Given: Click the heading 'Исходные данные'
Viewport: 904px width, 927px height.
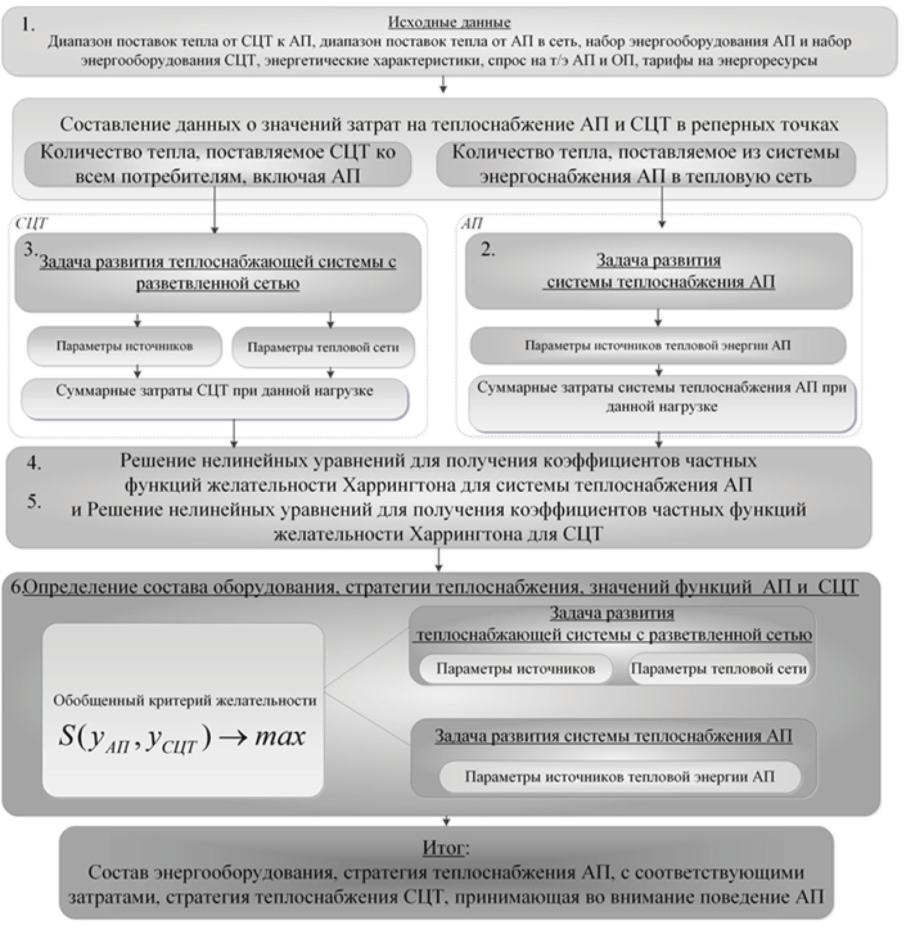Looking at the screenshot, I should click(x=449, y=23).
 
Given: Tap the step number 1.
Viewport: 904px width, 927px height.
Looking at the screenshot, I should click(x=28, y=25).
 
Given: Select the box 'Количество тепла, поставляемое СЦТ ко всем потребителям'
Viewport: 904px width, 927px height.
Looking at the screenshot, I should click(x=218, y=164).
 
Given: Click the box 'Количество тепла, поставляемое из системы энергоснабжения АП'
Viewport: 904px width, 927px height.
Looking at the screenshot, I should click(x=645, y=164).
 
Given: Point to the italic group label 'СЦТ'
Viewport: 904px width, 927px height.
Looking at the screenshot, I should click(x=31, y=223).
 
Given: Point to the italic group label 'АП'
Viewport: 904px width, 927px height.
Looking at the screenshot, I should click(x=472, y=224).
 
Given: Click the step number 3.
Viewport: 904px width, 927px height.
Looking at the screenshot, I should click(x=30, y=251).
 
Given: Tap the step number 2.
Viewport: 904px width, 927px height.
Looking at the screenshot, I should click(x=487, y=250).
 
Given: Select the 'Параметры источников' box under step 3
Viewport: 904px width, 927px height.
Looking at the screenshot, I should click(x=124, y=346).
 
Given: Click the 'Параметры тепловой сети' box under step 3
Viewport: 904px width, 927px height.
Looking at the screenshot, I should click(x=323, y=347).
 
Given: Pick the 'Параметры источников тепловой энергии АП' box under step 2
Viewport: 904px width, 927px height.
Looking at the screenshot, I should click(x=657, y=346).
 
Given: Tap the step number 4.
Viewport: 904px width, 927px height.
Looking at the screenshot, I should click(x=34, y=464).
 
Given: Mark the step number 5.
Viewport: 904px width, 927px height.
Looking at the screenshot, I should click(x=34, y=501).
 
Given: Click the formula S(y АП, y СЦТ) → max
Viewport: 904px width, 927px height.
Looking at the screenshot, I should click(x=182, y=737).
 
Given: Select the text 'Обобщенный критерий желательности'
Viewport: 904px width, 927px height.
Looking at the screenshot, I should click(x=184, y=701).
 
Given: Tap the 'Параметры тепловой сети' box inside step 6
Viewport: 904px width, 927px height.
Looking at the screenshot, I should click(x=718, y=669).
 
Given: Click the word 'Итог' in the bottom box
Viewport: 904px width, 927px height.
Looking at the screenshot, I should click(x=444, y=848).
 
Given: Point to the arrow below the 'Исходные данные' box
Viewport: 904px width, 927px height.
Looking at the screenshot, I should click(x=443, y=86).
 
